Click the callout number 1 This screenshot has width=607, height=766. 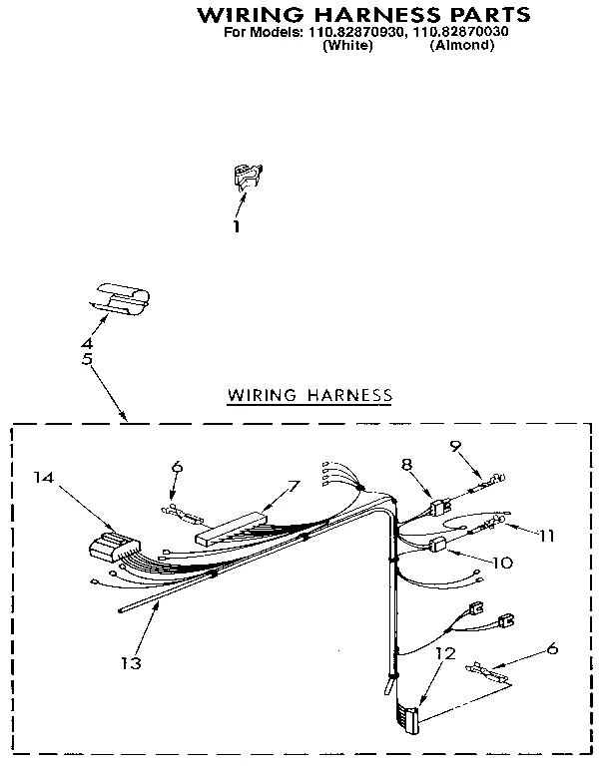click(237, 226)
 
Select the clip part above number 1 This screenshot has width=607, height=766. click(245, 177)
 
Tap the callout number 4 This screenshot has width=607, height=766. click(87, 344)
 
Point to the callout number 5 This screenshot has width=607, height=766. click(87, 359)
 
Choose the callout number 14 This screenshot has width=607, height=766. click(43, 478)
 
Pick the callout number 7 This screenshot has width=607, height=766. click(294, 486)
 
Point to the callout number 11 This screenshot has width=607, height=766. click(545, 535)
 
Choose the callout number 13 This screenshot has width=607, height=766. click(131, 663)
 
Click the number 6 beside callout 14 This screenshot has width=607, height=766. click(177, 466)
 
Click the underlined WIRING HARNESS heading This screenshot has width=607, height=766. click(310, 395)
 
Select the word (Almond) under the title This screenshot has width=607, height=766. click(462, 45)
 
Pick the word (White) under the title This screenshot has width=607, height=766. click(348, 45)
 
